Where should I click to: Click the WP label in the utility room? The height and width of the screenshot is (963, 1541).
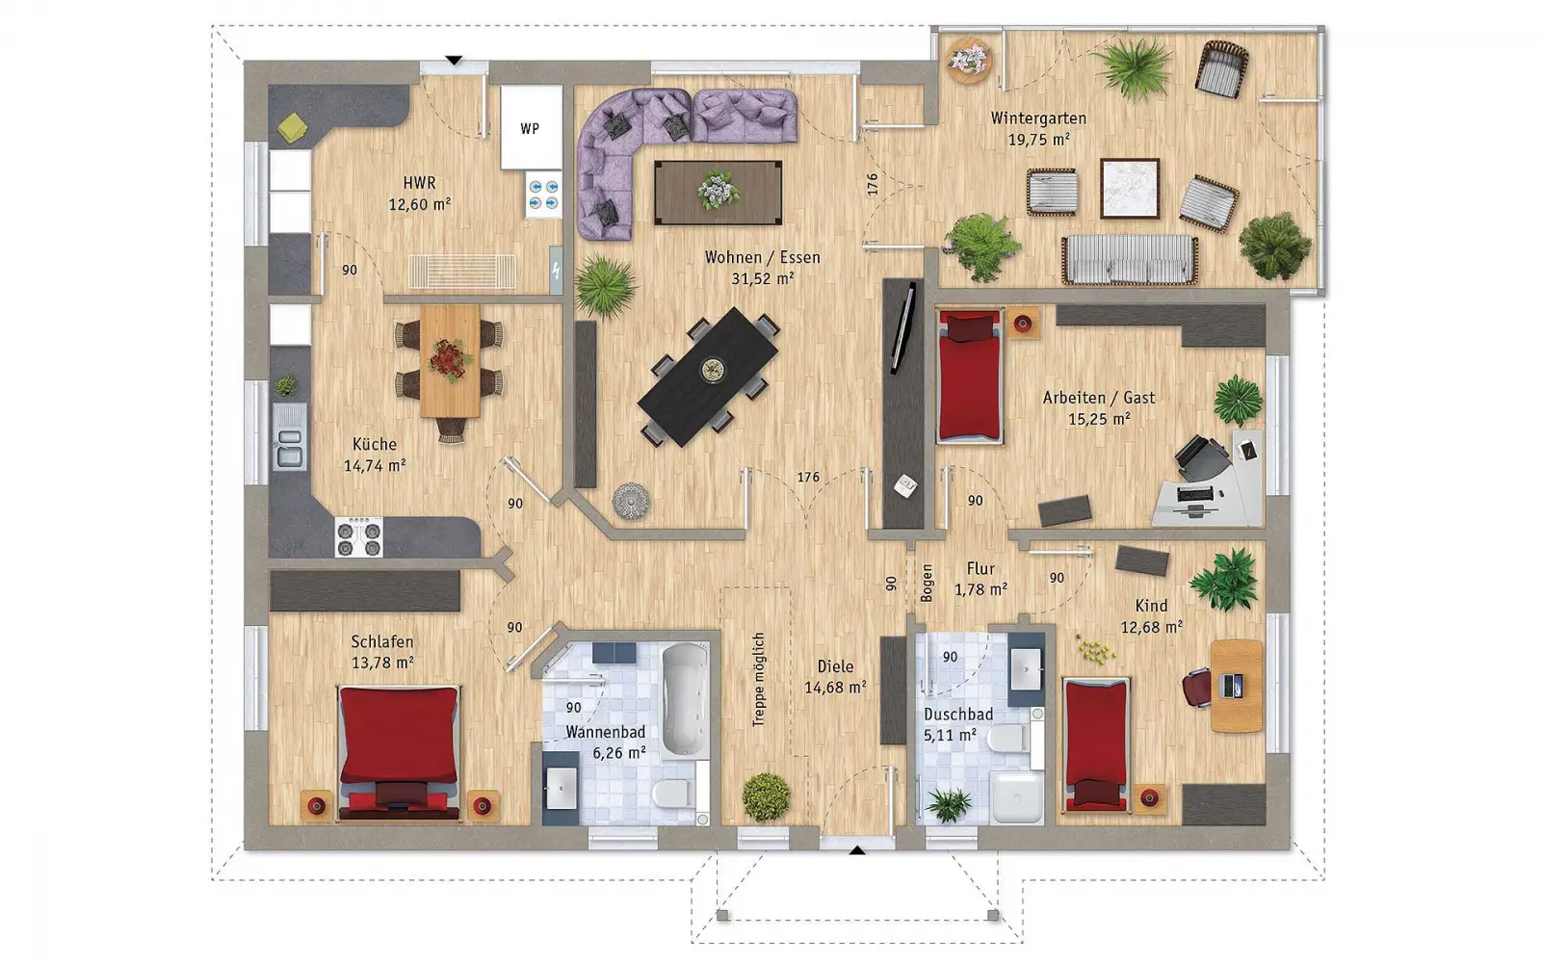coord(530,129)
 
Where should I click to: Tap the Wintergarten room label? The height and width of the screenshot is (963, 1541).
coord(1038,118)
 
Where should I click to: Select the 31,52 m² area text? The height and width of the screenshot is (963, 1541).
coord(762,278)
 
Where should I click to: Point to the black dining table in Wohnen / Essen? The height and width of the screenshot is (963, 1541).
coord(708,377)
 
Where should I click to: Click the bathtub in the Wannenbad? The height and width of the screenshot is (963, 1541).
coord(685,699)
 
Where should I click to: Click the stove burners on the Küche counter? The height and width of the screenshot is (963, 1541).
coord(359,536)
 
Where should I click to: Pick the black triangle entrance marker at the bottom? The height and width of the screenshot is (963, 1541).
coord(856,851)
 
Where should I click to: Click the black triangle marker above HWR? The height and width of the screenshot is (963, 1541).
coord(454,61)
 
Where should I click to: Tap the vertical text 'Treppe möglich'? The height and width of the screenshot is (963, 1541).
coord(758,680)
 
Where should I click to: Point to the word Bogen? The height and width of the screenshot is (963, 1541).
coord(927,584)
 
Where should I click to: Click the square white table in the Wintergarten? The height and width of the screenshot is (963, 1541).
coord(1130,189)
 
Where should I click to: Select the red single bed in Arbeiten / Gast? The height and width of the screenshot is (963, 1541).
coord(969,376)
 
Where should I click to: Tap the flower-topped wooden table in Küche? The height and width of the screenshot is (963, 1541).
coord(450,360)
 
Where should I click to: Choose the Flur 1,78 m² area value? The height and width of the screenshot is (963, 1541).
coord(981,589)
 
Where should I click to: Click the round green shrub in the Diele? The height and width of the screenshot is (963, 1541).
coord(766,796)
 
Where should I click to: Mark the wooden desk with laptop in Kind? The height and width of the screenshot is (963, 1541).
coord(1237,686)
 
